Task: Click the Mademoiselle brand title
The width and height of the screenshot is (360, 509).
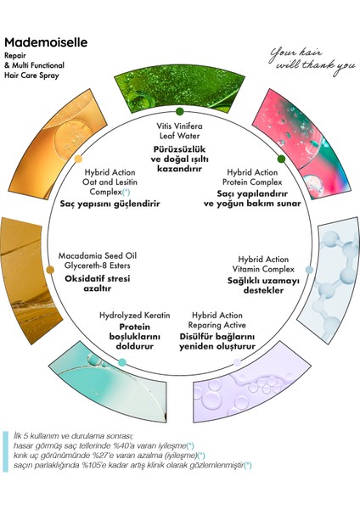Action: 46,42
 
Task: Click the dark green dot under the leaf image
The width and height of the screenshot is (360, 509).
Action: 180,112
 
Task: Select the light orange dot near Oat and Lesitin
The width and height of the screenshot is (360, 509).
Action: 78,159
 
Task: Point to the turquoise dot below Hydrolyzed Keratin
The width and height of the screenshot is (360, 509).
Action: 122,362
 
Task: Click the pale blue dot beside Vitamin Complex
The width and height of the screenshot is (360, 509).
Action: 310,270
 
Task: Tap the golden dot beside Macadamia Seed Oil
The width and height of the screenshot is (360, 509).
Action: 50,270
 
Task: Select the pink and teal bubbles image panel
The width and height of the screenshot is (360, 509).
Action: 302,143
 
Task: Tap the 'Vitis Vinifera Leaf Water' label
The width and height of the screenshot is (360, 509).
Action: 179,131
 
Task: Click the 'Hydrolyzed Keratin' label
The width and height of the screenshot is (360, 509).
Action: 134,316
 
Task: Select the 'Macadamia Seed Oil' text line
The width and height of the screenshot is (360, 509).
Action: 98,256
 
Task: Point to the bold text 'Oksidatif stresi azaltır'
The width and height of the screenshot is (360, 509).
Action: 97,283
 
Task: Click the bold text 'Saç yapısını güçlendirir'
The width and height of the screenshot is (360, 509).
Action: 110,204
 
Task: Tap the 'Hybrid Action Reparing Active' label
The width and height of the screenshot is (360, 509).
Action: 217,320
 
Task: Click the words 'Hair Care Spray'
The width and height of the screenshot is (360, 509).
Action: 32,76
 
